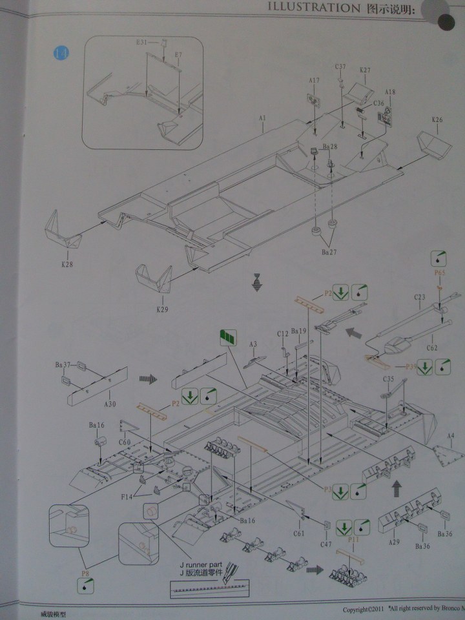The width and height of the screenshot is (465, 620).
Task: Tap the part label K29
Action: (161, 309)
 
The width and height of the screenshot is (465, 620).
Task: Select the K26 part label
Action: (437, 120)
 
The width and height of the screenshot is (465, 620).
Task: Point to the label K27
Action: (365, 70)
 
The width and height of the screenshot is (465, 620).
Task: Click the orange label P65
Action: (440, 273)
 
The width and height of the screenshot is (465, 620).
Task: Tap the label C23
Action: (420, 298)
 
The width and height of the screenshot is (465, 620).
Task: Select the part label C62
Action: (433, 347)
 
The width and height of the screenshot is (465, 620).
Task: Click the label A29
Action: (394, 542)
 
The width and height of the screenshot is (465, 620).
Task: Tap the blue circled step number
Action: (59, 53)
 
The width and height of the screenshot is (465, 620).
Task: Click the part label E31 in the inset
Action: (142, 42)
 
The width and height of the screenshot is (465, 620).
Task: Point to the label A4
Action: (451, 436)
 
